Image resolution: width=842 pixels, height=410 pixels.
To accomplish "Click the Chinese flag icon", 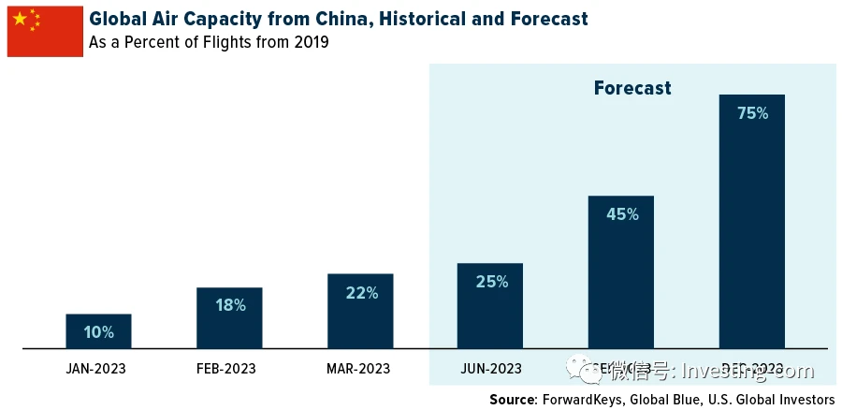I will [45, 31].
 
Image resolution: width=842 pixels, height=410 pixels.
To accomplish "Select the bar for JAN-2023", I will [98, 331].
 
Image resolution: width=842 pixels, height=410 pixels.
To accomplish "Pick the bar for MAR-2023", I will [360, 312].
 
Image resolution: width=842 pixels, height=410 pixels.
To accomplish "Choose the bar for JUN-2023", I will [490, 306].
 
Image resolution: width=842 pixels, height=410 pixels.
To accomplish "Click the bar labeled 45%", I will [621, 272].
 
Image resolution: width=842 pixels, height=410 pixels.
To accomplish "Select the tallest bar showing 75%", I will [752, 222].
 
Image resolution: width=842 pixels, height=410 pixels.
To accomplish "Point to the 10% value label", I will [98, 332].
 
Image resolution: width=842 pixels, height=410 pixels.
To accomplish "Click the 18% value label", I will [229, 305].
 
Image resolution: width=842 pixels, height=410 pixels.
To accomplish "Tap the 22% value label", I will [360, 293].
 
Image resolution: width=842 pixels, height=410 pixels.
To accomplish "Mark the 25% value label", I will [490, 281].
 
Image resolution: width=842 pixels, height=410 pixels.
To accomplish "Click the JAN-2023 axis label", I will [96, 369].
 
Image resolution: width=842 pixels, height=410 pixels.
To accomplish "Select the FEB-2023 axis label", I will [227, 369].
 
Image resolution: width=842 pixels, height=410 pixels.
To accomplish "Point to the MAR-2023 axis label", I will [358, 369].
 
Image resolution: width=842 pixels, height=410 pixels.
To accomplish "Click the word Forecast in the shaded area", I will [632, 88].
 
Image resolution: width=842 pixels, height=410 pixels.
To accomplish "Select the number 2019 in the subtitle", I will [309, 43].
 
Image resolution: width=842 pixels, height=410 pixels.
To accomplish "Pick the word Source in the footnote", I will [513, 400].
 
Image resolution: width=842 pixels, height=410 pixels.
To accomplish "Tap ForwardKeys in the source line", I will [584, 400].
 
